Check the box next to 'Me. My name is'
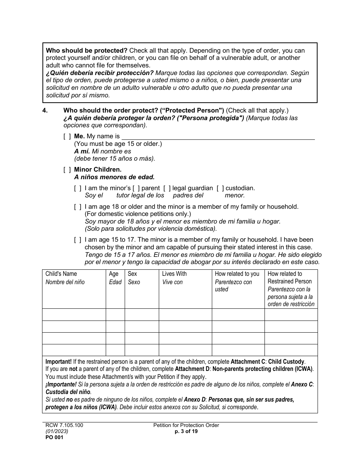[67, 136]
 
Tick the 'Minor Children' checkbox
[67, 170]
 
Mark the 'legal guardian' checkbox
[167, 188]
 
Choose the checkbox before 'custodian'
[220, 188]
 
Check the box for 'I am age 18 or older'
[78, 207]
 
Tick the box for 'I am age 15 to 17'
[78, 240]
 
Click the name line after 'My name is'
[218, 136]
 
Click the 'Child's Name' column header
[61, 274]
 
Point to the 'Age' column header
[114, 274]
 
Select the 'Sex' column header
[132, 274]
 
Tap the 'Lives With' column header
[174, 274]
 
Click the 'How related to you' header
[237, 274]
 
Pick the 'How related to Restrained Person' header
[290, 277]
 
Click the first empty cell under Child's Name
[74, 315]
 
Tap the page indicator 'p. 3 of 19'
[186, 431]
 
